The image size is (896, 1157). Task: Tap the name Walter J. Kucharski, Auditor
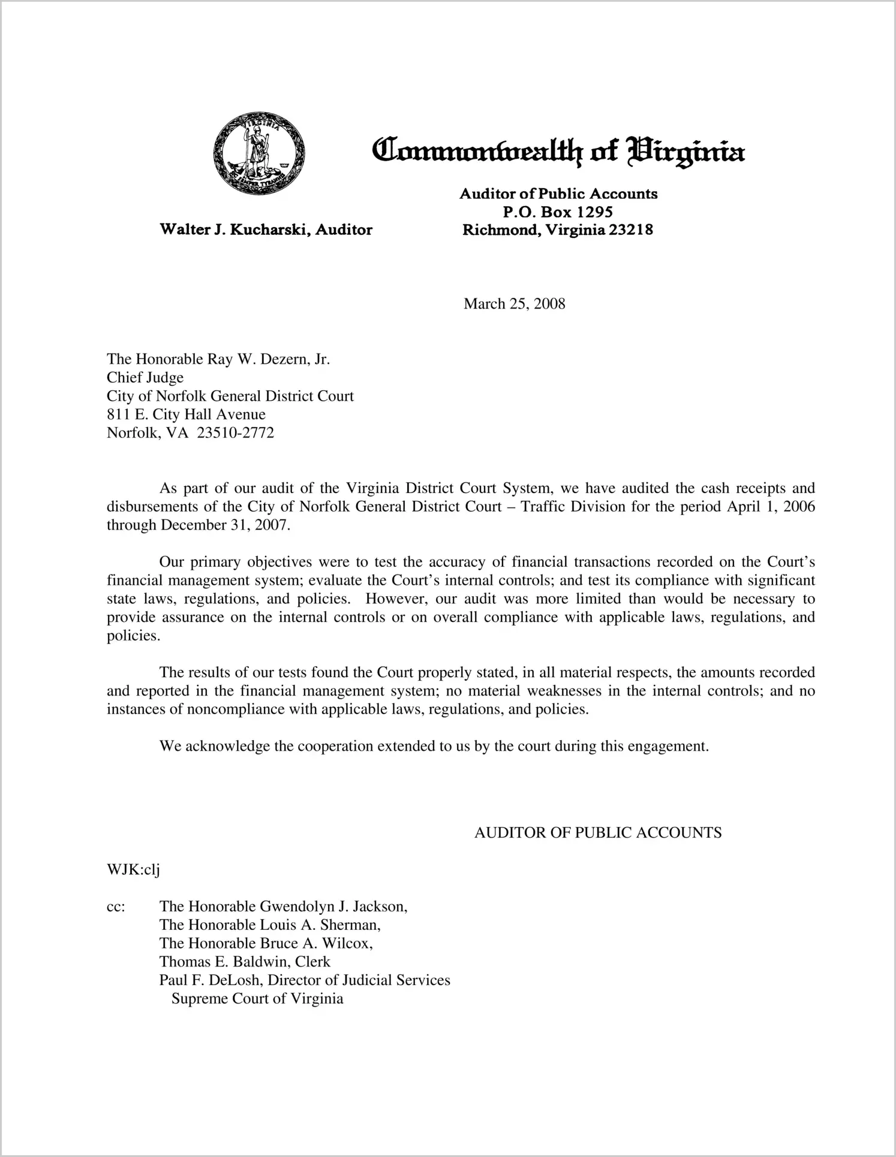tap(266, 229)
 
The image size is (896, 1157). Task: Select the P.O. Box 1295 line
tap(558, 212)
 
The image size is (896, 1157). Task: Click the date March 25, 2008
tap(514, 304)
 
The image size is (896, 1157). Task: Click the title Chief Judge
tap(145, 377)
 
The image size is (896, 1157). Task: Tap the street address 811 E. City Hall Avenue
tap(186, 414)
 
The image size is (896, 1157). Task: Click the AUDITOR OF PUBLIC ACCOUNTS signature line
tap(598, 833)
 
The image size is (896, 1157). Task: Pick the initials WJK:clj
tap(133, 870)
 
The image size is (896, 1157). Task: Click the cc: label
tap(116, 907)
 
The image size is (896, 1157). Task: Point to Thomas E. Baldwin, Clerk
tap(245, 962)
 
